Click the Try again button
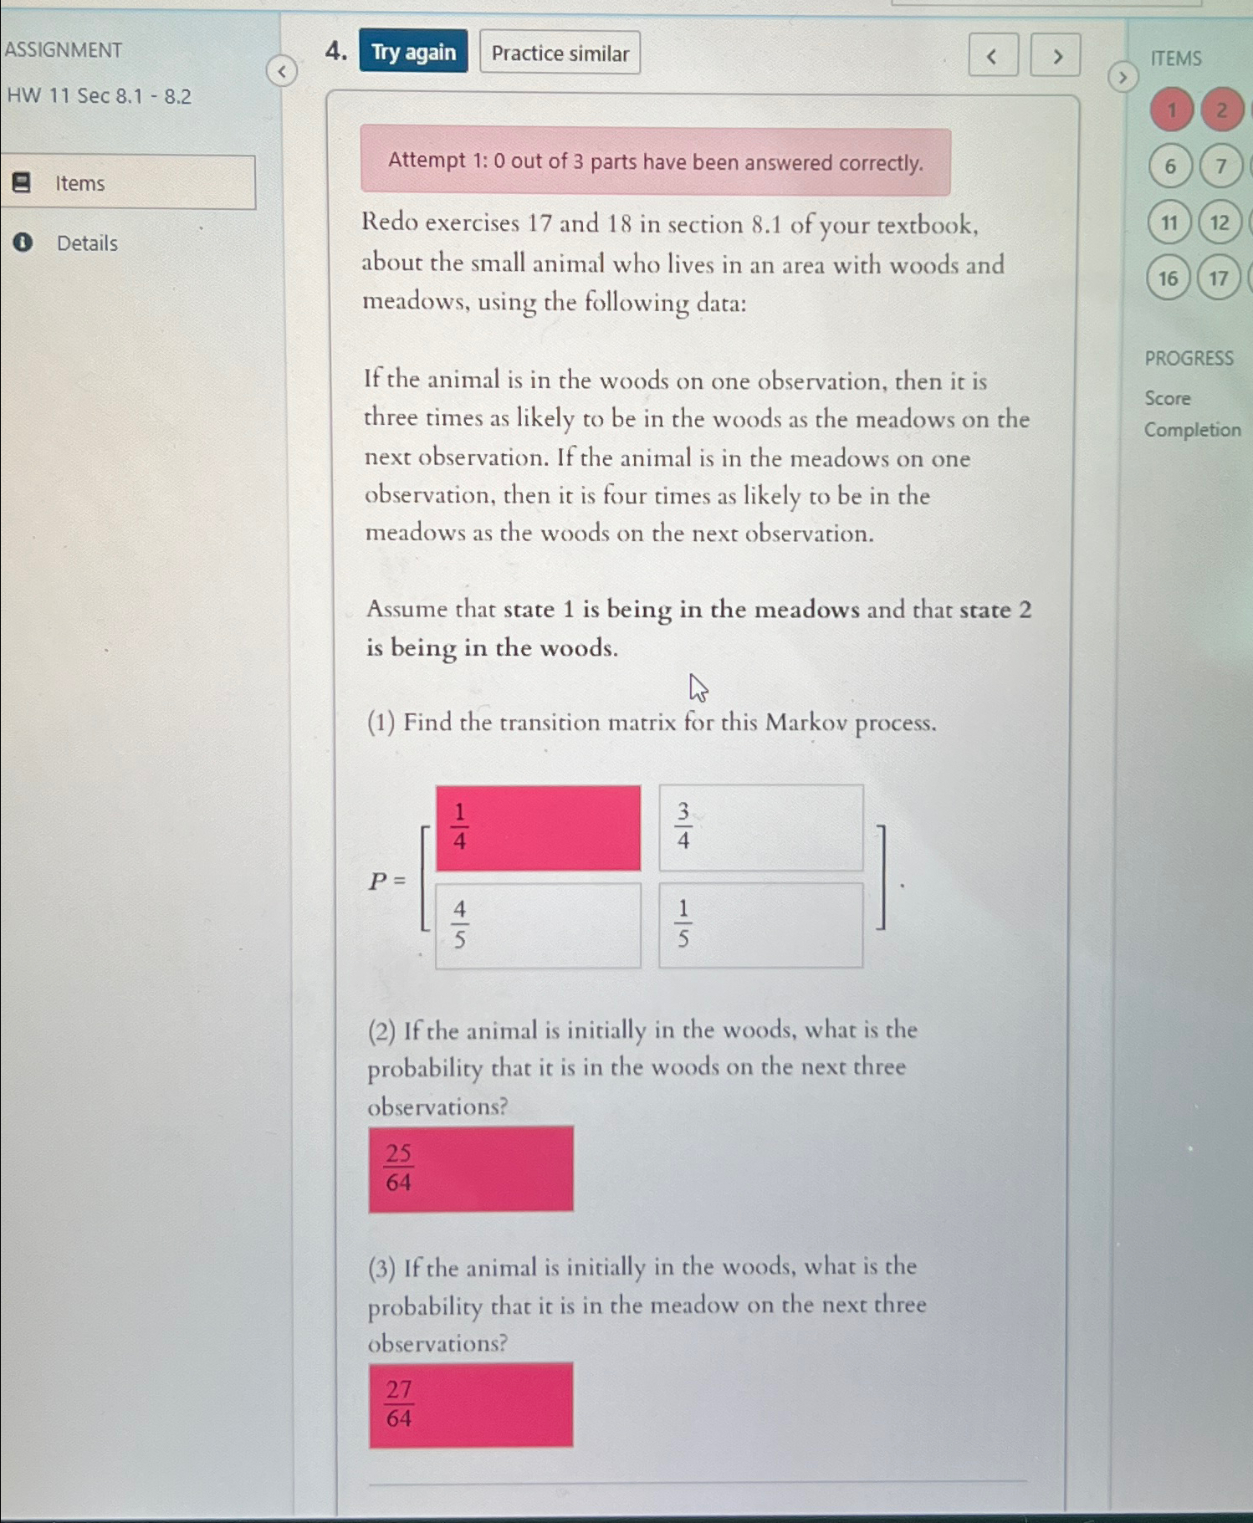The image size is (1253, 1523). point(413,52)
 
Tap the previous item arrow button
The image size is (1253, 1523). point(993,56)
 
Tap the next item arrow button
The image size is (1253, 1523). point(1056,56)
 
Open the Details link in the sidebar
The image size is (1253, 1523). point(86,243)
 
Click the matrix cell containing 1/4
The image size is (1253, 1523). point(538,828)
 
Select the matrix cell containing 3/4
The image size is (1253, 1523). point(760,828)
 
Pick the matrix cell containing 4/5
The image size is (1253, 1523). point(538,925)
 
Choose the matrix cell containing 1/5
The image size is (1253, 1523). point(760,925)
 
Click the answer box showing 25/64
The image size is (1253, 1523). point(471,1168)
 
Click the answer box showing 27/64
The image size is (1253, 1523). point(471,1405)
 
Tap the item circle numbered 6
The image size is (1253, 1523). point(1170,166)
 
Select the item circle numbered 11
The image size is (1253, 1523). point(1169,222)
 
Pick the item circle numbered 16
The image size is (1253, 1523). point(1169,279)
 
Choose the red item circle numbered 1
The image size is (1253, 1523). point(1172,110)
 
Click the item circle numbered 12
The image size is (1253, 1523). point(1220,222)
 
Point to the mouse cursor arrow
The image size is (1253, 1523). point(698,688)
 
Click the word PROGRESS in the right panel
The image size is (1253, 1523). point(1189,358)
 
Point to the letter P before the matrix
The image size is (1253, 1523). point(378,881)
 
